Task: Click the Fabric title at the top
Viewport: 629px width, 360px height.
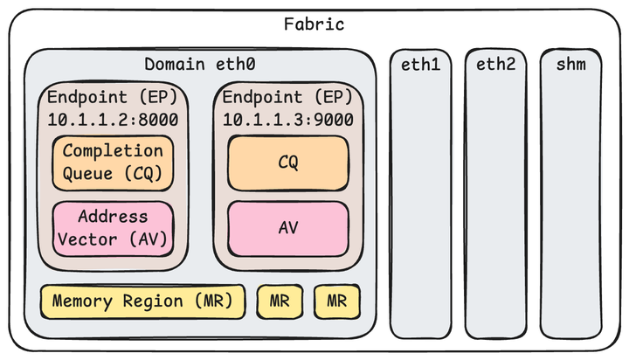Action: (x=314, y=24)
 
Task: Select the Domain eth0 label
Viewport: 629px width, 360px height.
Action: (x=198, y=65)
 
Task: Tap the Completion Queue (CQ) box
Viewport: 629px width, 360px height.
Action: (x=113, y=163)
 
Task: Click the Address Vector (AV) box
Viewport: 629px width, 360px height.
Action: (x=113, y=227)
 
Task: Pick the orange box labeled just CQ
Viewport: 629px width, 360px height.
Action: (x=288, y=163)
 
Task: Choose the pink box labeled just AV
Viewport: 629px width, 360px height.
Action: (x=288, y=227)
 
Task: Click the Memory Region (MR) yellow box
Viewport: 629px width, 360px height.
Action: (x=142, y=301)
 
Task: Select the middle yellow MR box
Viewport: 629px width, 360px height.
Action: (x=280, y=301)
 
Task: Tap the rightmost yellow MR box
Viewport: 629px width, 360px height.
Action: (x=336, y=301)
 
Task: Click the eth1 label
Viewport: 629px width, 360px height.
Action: (x=420, y=65)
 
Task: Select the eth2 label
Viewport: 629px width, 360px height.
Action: (x=496, y=65)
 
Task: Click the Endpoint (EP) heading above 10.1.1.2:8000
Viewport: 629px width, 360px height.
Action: (x=113, y=96)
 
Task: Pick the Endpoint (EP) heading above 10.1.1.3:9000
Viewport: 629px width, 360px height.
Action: (x=288, y=96)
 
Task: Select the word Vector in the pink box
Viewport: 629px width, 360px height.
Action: (x=97, y=238)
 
